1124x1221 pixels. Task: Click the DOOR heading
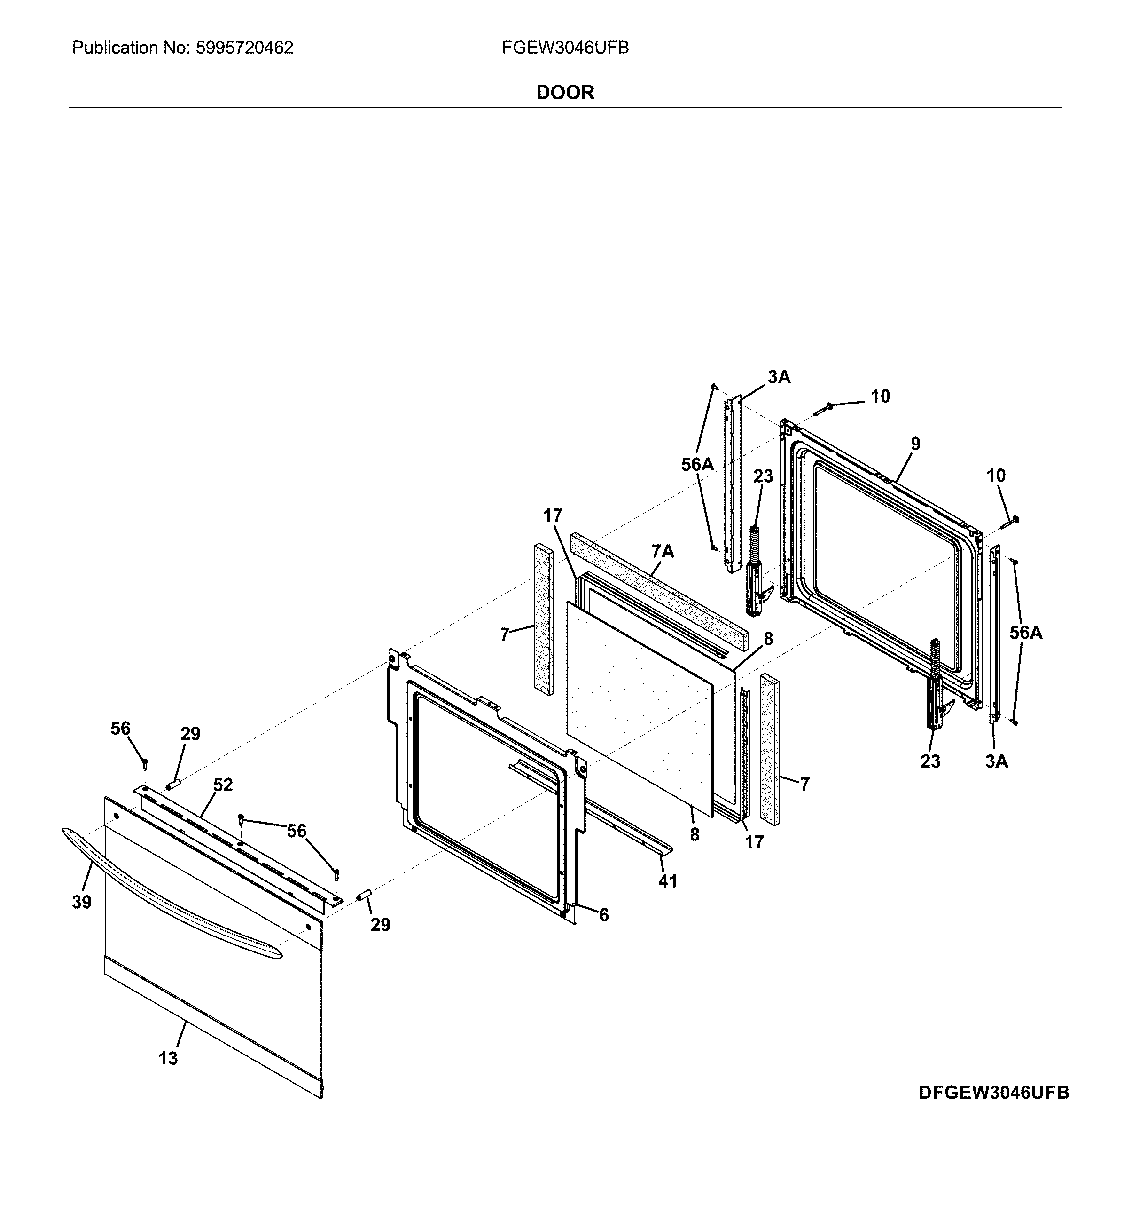pos(565,93)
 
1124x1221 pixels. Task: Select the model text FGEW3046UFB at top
pos(565,48)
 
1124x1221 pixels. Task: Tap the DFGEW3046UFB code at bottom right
pos(993,1110)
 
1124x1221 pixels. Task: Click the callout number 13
pos(169,1058)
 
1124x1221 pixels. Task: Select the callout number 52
pos(223,785)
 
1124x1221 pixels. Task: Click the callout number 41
pos(667,881)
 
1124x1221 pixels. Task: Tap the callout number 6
pos(603,915)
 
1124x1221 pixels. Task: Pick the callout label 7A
pos(663,551)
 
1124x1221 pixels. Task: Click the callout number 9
pos(915,444)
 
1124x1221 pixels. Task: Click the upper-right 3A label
pos(779,377)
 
